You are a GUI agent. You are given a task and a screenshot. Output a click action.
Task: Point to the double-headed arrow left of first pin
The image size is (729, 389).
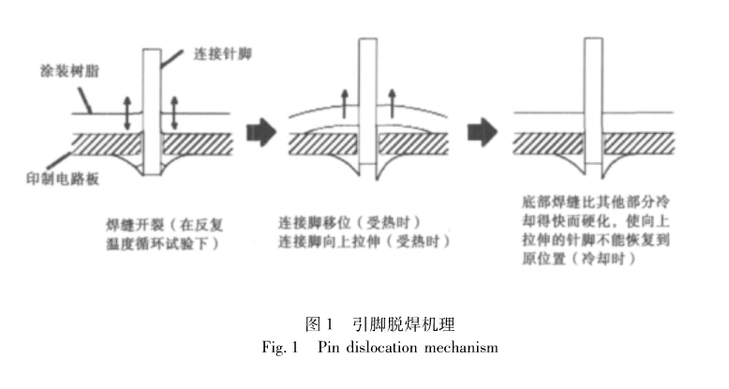(128, 112)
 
